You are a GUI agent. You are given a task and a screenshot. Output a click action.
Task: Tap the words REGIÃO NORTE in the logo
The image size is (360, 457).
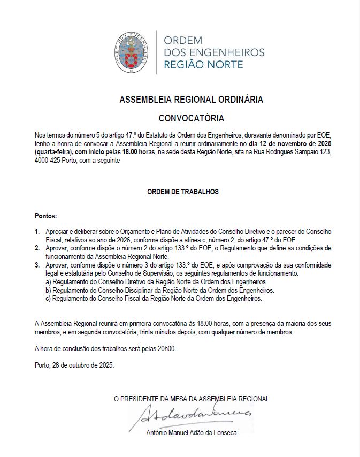point(203,65)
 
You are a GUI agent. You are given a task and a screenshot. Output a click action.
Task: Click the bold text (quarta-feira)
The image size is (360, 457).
point(53,153)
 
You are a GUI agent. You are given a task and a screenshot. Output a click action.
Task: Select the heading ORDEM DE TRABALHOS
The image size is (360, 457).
point(183,192)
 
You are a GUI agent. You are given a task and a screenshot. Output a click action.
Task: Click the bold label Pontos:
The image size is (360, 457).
point(45,216)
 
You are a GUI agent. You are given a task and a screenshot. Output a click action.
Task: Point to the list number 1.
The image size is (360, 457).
point(37,231)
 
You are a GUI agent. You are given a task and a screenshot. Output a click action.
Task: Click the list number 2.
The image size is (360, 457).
point(37,248)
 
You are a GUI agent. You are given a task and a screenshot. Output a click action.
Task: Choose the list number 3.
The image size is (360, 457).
point(37,265)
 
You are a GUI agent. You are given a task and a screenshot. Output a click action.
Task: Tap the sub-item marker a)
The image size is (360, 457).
point(48,281)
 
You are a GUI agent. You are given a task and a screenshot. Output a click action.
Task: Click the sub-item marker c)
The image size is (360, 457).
point(48,299)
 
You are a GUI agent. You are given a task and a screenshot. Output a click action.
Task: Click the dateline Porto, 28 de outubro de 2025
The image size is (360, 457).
point(74,366)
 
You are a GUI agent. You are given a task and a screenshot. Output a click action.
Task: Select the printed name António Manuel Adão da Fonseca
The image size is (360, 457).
point(191,433)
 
